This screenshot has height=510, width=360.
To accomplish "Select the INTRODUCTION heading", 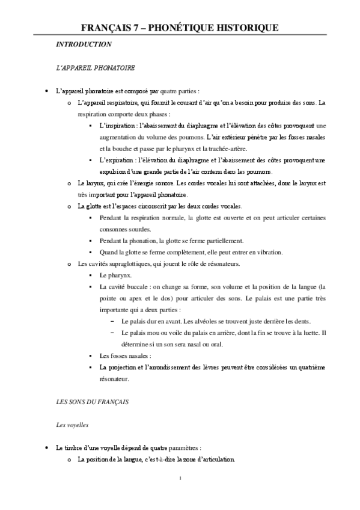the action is click(x=83, y=45).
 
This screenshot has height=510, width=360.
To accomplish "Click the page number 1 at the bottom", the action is click(x=180, y=479).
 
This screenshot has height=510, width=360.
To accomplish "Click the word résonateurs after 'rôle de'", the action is click(x=221, y=263).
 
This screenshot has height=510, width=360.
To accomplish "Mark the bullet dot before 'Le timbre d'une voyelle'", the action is click(x=46, y=449).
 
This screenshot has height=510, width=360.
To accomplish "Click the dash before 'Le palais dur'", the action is click(x=112, y=321).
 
